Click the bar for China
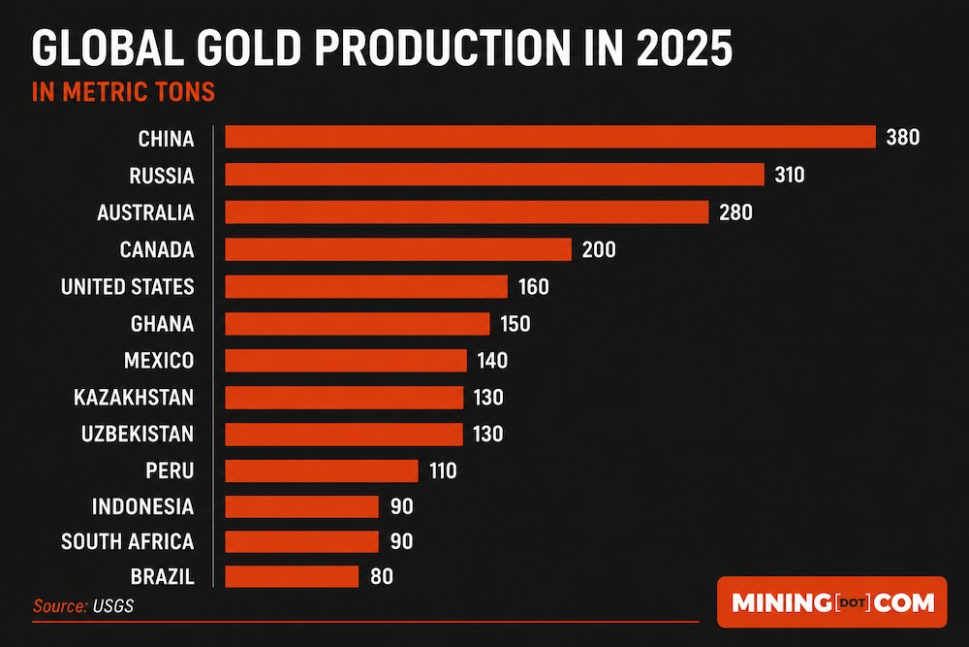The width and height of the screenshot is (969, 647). click(550, 137)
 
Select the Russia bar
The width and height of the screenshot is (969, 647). click(494, 175)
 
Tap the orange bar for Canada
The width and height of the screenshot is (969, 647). click(398, 249)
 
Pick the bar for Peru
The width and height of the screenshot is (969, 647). click(322, 470)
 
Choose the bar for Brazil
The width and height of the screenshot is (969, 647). click(292, 576)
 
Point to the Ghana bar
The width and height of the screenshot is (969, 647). click(358, 324)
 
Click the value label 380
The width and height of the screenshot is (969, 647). click(903, 138)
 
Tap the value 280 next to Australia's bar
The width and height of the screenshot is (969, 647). click(736, 212)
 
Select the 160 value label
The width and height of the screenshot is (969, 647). click(534, 287)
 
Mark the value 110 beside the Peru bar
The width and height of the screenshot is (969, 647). click(443, 471)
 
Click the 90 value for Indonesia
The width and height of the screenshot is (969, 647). click(402, 507)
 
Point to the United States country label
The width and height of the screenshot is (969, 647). click(127, 287)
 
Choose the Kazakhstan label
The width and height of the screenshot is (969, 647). click(134, 397)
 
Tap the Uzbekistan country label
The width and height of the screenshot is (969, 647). click(138, 434)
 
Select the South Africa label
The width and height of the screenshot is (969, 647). click(127, 542)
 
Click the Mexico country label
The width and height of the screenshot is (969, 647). click(159, 361)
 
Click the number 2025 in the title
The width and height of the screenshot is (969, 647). click(684, 49)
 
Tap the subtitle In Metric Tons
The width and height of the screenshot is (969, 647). click(123, 92)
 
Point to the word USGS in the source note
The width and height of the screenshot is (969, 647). click(113, 606)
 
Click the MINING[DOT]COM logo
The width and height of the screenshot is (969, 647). click(832, 601)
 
